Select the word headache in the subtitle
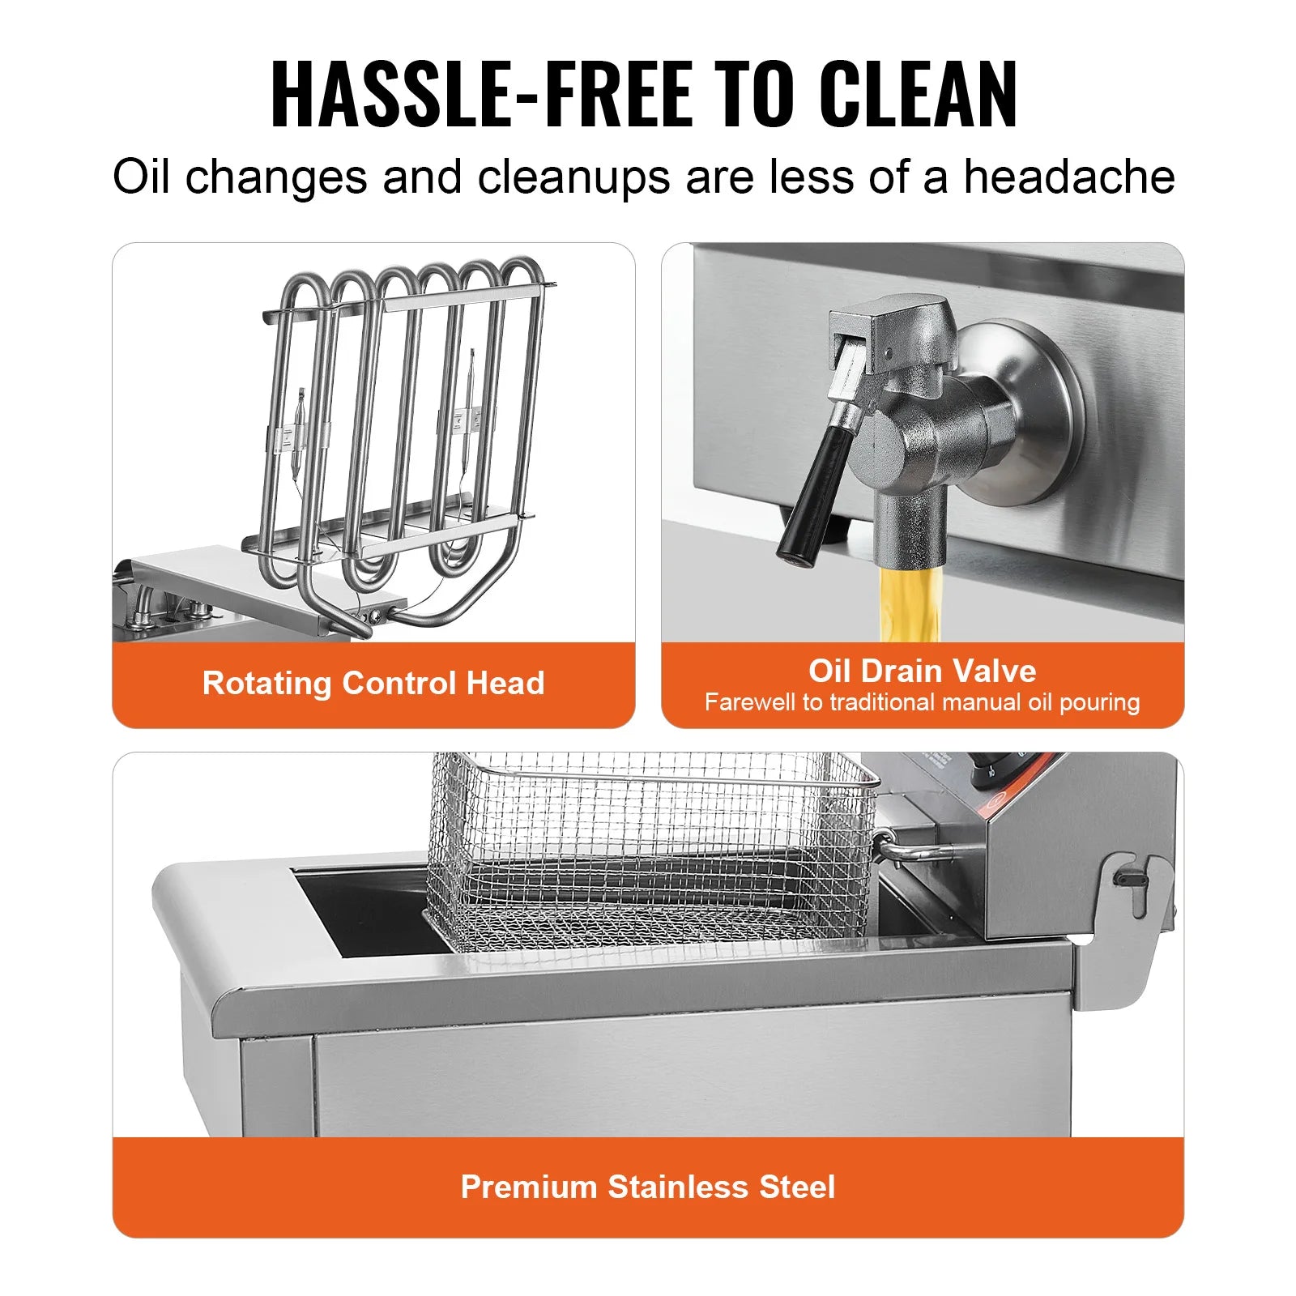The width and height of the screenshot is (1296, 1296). pyautogui.click(x=1069, y=177)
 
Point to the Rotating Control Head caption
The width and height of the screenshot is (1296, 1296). pyautogui.click(x=373, y=683)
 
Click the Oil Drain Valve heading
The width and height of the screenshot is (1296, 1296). pyautogui.click(x=922, y=671)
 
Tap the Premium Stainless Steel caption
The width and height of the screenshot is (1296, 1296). pyautogui.click(x=648, y=1187)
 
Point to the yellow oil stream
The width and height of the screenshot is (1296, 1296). pyautogui.click(x=912, y=603)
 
